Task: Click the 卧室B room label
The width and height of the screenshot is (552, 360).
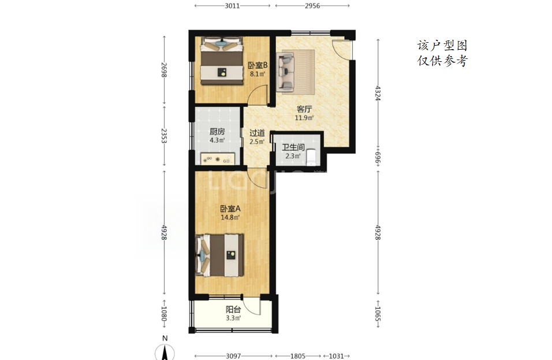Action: coord(258,65)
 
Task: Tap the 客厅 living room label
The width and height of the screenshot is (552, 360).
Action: coord(304,109)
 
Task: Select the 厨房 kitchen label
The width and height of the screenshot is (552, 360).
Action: coord(217,132)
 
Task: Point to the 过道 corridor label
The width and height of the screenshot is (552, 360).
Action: coord(257,133)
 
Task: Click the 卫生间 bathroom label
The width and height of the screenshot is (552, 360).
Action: coord(293,147)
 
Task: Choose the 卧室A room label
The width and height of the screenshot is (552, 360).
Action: coord(230,209)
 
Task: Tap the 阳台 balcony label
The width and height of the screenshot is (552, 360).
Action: coord(233,310)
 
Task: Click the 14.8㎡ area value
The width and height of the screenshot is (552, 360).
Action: coord(230,217)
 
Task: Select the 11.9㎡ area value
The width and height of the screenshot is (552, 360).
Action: coord(304,118)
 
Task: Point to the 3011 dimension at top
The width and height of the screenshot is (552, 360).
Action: coord(232,6)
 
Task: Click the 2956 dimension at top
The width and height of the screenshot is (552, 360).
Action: coord(312,6)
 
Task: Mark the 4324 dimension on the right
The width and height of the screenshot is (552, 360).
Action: coord(378,93)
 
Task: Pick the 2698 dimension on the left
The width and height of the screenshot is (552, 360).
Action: coord(164,70)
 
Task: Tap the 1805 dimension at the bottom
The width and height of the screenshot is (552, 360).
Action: coord(298,356)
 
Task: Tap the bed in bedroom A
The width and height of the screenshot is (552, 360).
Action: coord(219,255)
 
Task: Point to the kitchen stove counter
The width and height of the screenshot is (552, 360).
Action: coord(218,159)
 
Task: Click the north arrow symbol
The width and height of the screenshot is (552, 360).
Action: coord(165,352)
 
